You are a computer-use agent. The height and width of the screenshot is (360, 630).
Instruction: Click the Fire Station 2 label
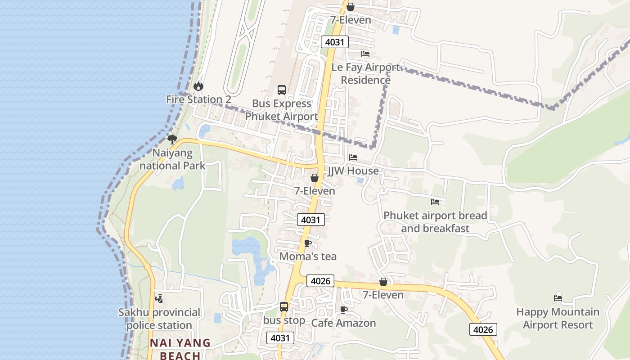coord(198,99)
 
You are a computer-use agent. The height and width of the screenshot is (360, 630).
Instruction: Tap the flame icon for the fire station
coord(198,86)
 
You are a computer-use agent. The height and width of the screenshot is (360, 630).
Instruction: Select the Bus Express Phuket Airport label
coord(281,110)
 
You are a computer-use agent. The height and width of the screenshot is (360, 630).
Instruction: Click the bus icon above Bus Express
coord(282,90)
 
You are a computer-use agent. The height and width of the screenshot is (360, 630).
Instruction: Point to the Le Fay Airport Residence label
coord(365,73)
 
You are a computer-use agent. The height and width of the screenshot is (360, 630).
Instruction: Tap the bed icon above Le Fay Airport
coord(365,54)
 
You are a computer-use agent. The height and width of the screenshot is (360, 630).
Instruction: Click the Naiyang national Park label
coord(172,159)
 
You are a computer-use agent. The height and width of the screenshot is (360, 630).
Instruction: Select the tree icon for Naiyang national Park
coord(172,139)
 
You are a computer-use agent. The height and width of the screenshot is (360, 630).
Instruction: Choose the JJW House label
coord(353,171)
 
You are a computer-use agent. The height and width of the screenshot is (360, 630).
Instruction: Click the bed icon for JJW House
coord(353,157)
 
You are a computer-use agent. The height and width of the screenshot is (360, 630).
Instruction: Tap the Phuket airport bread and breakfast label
coord(435,222)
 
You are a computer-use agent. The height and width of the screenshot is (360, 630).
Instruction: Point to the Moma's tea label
coord(308,256)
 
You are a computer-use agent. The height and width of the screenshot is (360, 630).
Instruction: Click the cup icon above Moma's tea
coord(308,243)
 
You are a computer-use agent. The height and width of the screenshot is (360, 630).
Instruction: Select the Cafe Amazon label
coord(343,323)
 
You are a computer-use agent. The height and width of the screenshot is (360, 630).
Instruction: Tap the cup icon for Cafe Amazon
coord(344,310)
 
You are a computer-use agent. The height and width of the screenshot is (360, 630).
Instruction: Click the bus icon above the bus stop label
coord(284,307)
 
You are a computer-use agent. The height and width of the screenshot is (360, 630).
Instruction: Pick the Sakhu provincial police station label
coord(159,319)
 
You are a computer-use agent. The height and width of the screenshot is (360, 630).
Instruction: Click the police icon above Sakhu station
coord(159,298)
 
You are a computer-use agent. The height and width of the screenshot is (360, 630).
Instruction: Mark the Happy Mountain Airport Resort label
coord(558,318)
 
